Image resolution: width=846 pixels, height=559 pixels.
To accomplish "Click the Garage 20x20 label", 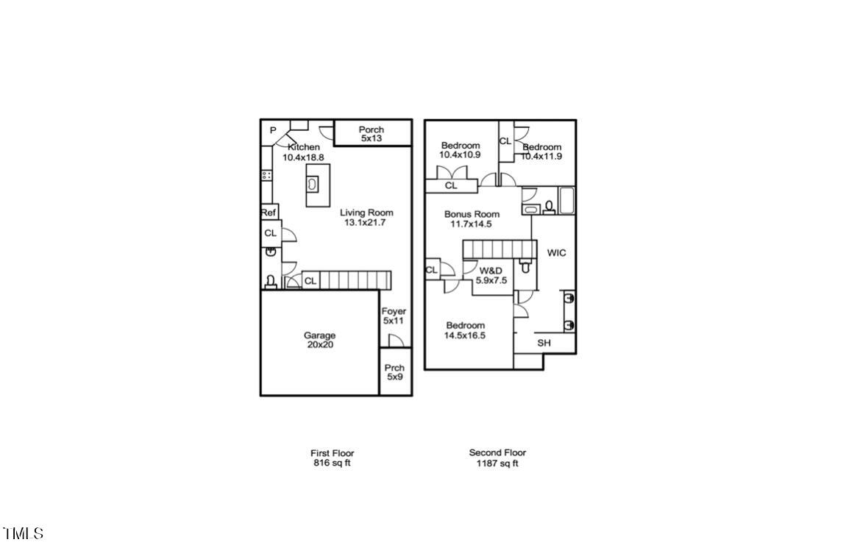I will (x=319, y=340).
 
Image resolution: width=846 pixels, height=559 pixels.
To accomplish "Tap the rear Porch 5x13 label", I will (x=372, y=134).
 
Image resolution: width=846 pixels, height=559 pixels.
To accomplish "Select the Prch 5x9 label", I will (x=395, y=372).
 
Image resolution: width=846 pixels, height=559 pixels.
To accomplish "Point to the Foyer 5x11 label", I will (x=394, y=316).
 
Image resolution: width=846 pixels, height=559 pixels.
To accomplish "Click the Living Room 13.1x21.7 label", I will (x=366, y=217).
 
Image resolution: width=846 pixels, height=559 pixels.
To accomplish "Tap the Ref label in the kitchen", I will (x=269, y=213).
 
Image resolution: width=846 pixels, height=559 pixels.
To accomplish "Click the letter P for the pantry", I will (x=272, y=130).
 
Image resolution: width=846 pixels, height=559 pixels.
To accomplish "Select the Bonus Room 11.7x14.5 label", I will (x=472, y=219).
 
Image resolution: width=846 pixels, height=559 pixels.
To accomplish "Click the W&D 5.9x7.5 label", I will (x=491, y=275).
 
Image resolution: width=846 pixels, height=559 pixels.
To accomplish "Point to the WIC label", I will (x=556, y=253).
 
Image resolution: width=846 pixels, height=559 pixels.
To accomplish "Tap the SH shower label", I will (x=544, y=343).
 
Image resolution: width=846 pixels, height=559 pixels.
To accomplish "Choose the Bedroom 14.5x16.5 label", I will (x=465, y=330).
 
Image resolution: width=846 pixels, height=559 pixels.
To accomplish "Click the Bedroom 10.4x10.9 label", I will (x=461, y=150).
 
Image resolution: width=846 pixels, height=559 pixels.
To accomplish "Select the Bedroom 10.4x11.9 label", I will (x=542, y=151).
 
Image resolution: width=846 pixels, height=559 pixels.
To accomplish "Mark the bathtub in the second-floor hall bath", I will (x=566, y=201).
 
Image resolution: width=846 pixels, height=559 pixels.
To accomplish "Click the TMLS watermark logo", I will (x=24, y=533).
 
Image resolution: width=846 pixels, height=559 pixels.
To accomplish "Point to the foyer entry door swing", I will (x=396, y=340).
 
